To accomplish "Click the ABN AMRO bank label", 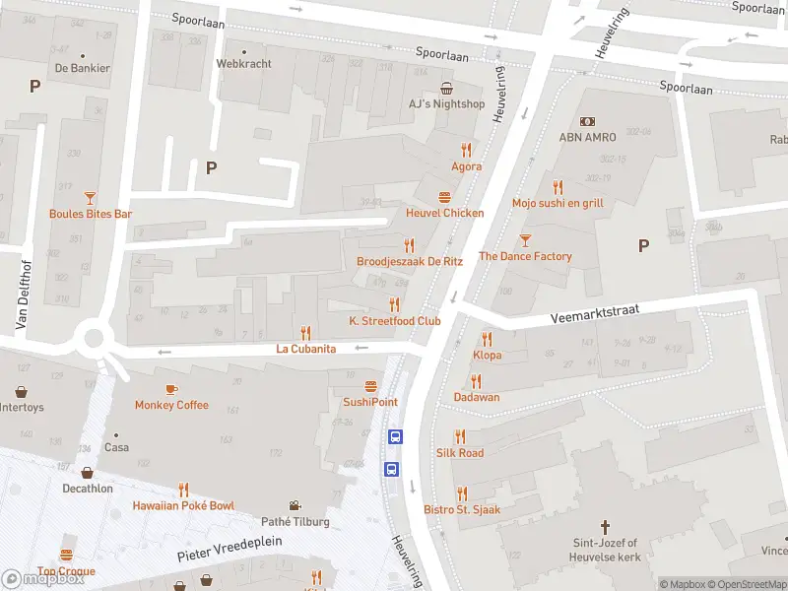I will pyautogui.click(x=587, y=137).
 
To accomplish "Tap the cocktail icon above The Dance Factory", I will pyautogui.click(x=525, y=239).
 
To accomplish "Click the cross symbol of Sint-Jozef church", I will pyautogui.click(x=606, y=526).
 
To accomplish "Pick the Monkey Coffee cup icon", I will pyautogui.click(x=171, y=389).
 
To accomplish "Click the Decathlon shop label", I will pyautogui.click(x=87, y=488).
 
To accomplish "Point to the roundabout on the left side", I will pyautogui.click(x=95, y=340).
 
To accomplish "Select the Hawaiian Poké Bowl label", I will pyautogui.click(x=183, y=505).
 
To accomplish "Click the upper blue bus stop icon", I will pyautogui.click(x=395, y=437).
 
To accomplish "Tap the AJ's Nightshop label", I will pyautogui.click(x=446, y=103).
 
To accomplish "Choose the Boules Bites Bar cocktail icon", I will pyautogui.click(x=90, y=197).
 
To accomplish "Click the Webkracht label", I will pyautogui.click(x=243, y=63).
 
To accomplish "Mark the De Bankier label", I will pyautogui.click(x=82, y=68).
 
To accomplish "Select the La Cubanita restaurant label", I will pyautogui.click(x=305, y=349).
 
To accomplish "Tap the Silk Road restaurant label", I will pyautogui.click(x=460, y=452).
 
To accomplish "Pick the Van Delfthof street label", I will pyautogui.click(x=19, y=294).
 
